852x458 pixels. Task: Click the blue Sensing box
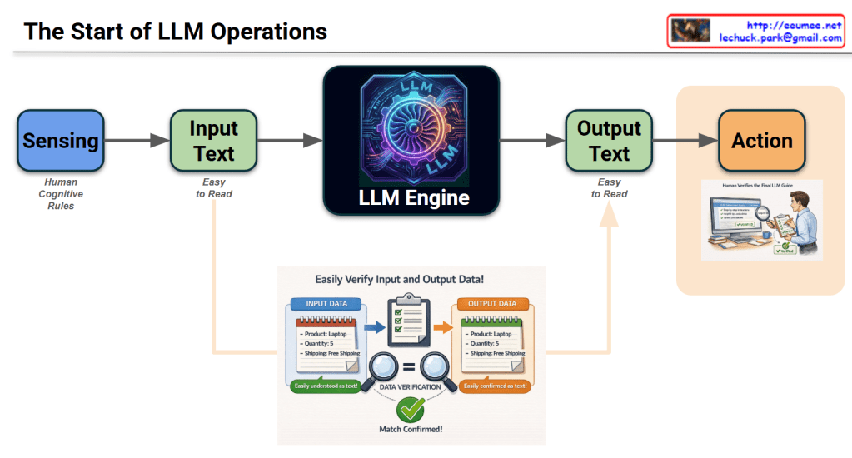click(x=60, y=140)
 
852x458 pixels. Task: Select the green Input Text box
click(x=213, y=140)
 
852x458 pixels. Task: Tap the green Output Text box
click(x=609, y=140)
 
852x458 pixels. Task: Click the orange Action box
click(x=761, y=140)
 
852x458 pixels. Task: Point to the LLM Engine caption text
click(x=414, y=198)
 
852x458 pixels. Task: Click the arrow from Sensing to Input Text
click(x=137, y=141)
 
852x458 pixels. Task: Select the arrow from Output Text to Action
click(x=685, y=141)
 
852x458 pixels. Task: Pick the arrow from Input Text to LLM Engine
click(x=289, y=141)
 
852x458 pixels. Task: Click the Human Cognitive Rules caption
click(x=60, y=194)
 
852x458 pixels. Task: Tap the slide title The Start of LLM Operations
click(x=175, y=32)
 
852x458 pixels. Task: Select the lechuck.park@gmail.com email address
click(x=780, y=38)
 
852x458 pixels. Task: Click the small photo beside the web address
click(x=690, y=31)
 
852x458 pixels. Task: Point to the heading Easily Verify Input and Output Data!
click(x=411, y=281)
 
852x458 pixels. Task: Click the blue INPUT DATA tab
click(x=326, y=304)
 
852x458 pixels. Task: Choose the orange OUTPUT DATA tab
click(x=492, y=304)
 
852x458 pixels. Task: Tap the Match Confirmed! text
click(x=411, y=430)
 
